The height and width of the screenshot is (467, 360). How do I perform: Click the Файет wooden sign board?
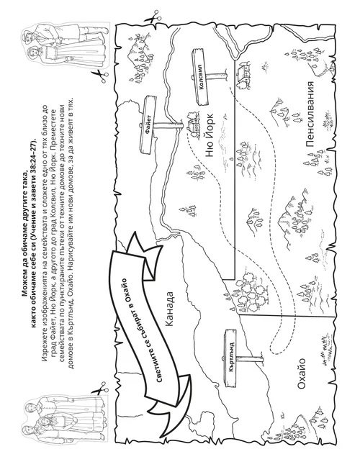pos(148,125)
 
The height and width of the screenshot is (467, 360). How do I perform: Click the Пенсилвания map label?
pos(310,114)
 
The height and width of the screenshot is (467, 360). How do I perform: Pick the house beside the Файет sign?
pos(193,125)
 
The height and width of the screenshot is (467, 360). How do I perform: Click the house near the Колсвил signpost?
pos(245,74)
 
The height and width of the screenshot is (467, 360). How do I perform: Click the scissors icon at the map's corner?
pos(153,17)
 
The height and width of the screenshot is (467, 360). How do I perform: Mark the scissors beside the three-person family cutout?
pos(100,389)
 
